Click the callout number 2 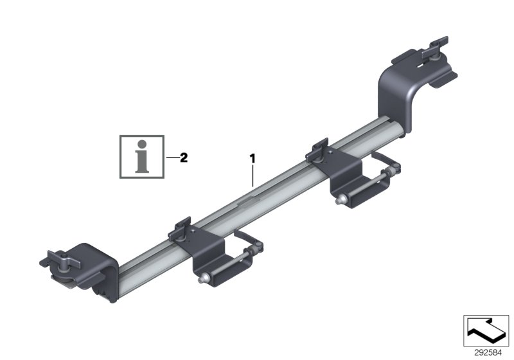coord(184,157)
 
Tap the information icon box coord(142,156)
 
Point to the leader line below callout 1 coord(253,175)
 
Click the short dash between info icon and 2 coord(171,157)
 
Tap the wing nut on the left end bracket coord(61,260)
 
